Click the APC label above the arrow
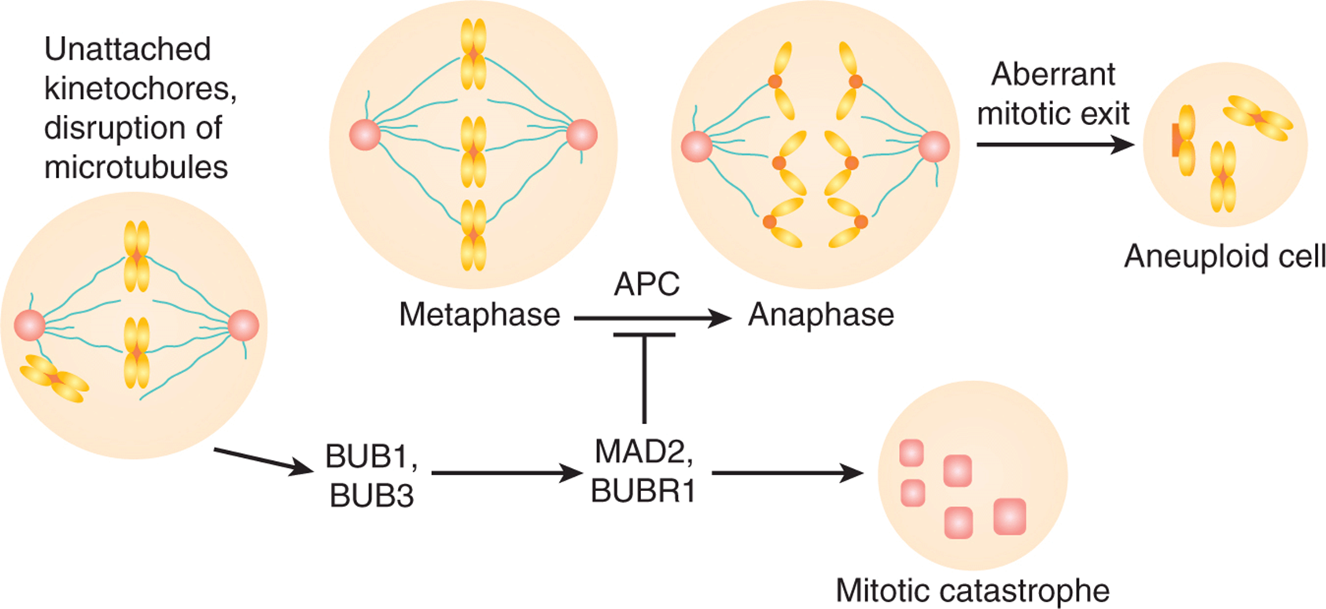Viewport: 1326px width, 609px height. coord(646,284)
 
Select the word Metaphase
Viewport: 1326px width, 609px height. coord(480,315)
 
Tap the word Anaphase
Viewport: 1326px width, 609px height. coord(821,315)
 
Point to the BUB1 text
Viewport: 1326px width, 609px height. coord(371,456)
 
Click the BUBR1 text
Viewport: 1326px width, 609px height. coord(643,491)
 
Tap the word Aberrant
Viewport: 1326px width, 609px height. coord(1053,74)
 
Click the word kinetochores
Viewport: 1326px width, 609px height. coord(140,89)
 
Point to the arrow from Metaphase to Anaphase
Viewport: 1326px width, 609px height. coord(653,319)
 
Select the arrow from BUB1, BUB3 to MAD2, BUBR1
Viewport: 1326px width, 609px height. coord(507,473)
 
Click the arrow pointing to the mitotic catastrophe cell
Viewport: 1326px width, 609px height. coord(787,473)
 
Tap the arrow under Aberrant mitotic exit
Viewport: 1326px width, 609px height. coord(1055,144)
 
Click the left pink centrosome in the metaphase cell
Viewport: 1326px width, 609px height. coord(365,135)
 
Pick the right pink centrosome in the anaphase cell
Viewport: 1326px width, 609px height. coord(934,147)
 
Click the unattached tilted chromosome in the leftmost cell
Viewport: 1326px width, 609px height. coord(54,378)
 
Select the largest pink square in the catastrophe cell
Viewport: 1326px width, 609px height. coord(1009,517)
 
